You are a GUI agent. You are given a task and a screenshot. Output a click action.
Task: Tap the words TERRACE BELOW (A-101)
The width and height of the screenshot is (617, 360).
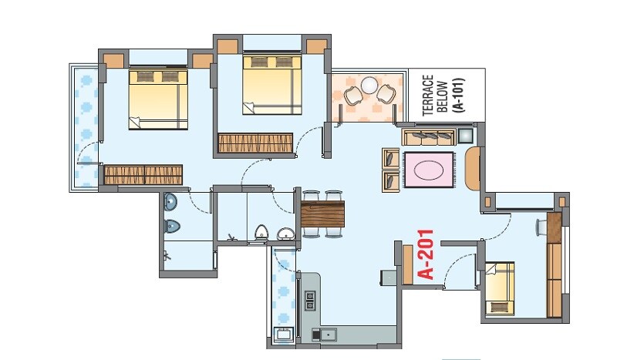tap(442, 95)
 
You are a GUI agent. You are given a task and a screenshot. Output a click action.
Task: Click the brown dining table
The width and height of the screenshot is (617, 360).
tap(323, 213)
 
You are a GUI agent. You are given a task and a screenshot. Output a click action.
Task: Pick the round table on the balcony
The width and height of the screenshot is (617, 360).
tap(369, 84)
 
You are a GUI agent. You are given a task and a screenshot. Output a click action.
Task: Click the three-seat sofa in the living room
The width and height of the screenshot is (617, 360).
tap(429, 136)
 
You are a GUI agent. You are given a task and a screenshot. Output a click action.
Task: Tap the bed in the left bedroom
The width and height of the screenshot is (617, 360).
tap(158, 98)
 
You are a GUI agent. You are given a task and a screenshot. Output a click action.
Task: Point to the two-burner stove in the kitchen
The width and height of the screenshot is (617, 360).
tap(311, 300)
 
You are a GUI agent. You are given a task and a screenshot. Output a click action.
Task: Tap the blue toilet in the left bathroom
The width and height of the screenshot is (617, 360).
tap(171, 226)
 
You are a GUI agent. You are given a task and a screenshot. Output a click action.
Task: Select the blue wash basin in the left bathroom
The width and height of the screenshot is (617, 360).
tap(170, 203)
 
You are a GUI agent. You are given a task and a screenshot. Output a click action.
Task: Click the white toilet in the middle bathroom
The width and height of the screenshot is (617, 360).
tap(261, 232)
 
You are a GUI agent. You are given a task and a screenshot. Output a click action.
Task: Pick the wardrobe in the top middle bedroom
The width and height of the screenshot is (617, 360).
tap(255, 143)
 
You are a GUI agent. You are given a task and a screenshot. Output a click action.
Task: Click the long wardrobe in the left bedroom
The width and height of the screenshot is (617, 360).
tap(143, 174)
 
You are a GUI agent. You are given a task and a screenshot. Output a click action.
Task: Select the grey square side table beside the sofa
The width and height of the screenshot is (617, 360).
tap(467, 136)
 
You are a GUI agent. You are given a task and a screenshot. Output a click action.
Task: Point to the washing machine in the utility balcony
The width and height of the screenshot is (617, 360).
tap(282, 335)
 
